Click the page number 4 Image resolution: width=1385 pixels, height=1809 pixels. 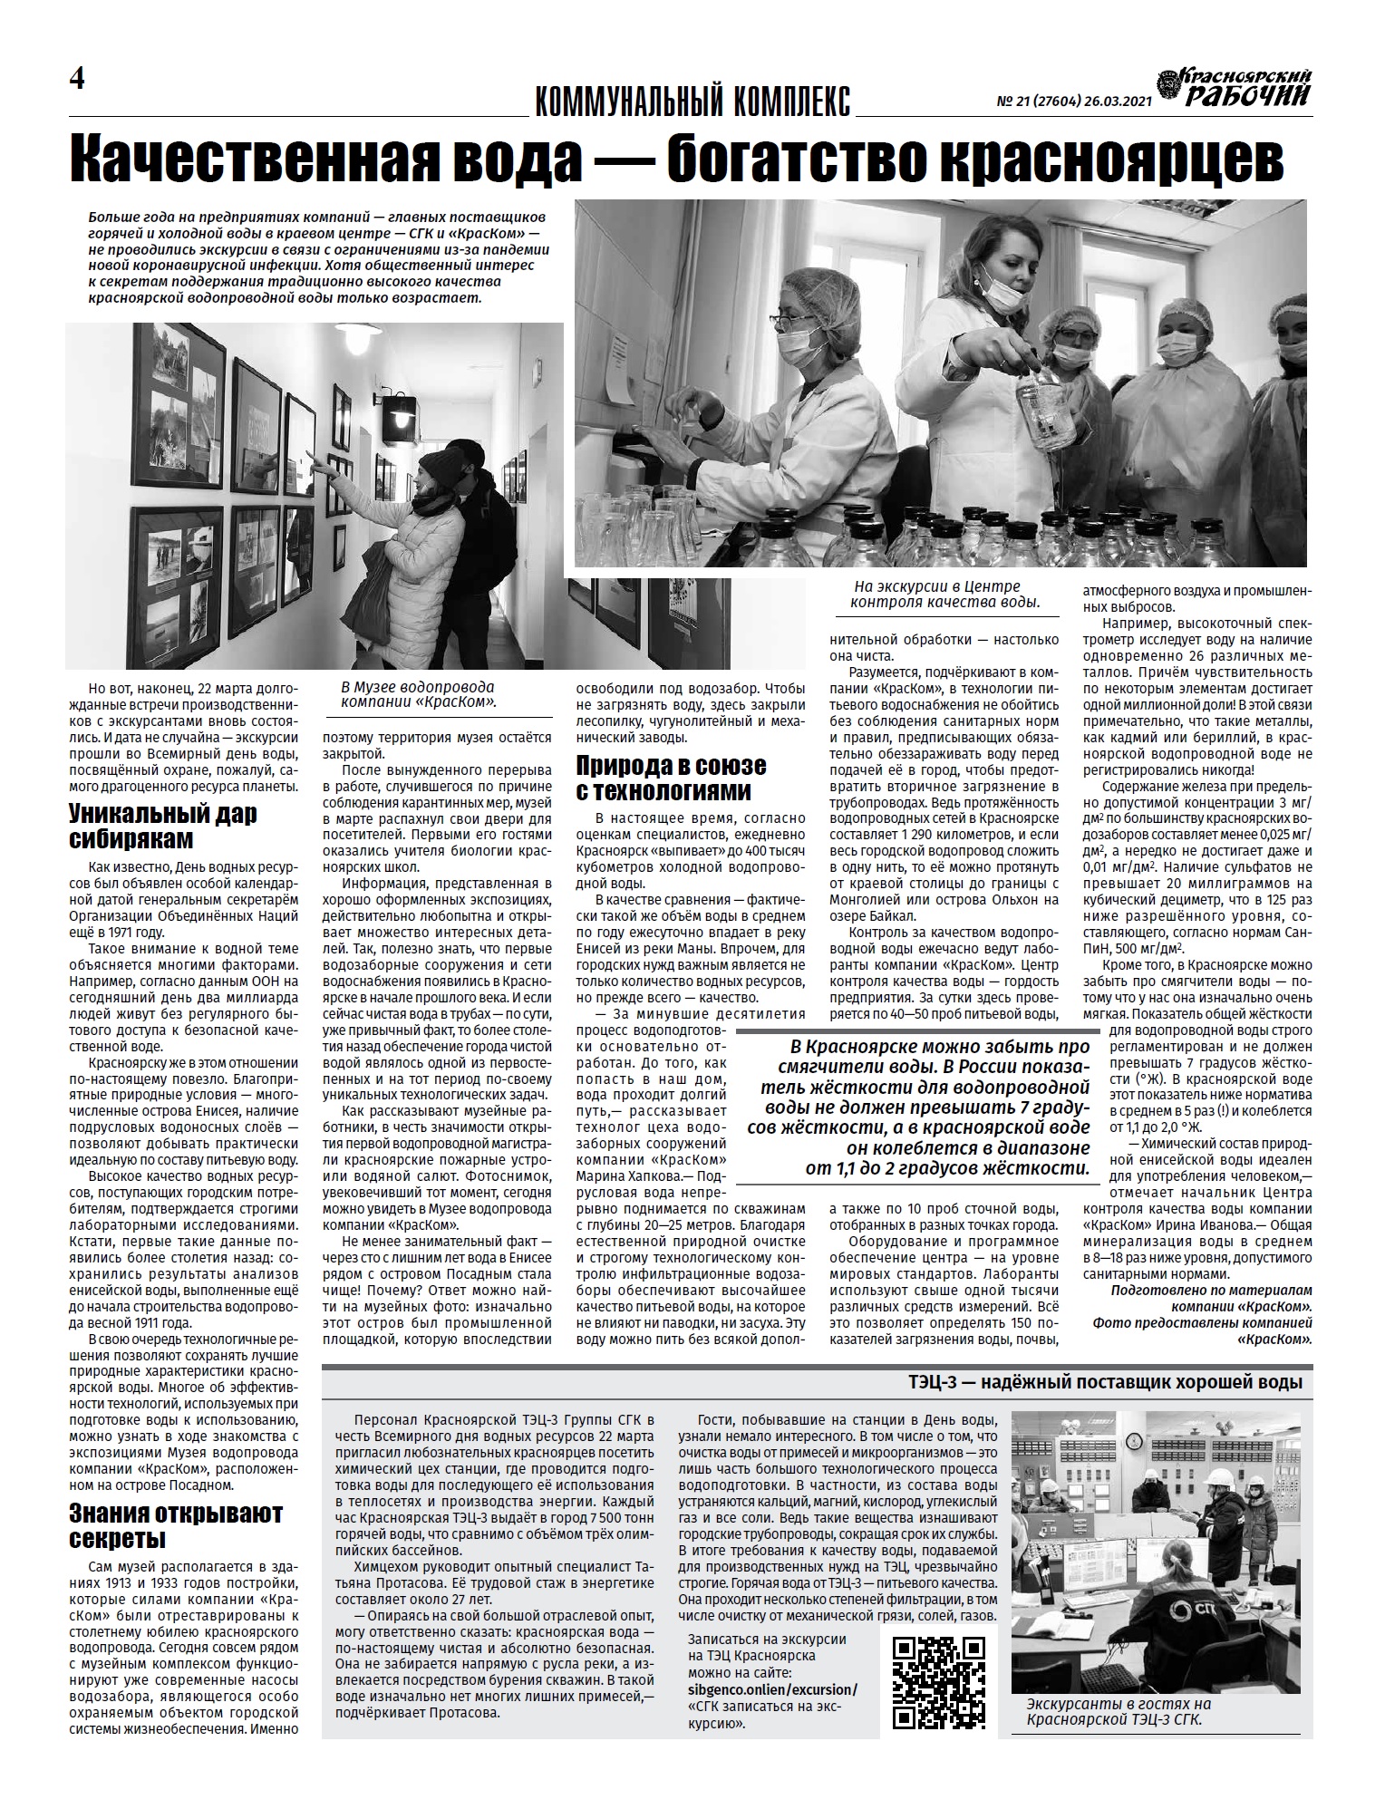(77, 80)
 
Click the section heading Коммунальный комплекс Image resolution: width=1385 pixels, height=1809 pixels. (693, 101)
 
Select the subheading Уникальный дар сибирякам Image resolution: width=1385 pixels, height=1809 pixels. (163, 826)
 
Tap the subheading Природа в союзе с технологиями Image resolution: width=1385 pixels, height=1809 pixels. (671, 779)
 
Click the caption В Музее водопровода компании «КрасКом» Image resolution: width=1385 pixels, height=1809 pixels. (417, 694)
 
